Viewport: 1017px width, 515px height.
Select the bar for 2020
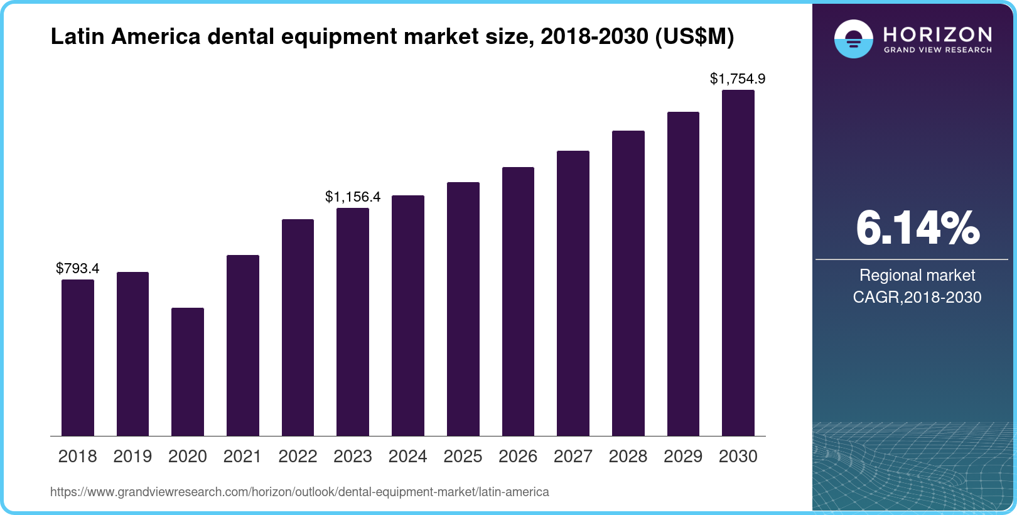[x=188, y=372]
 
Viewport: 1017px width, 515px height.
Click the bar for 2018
[x=78, y=358]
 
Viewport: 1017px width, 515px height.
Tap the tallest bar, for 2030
[x=738, y=263]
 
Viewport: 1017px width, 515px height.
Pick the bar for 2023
[x=353, y=322]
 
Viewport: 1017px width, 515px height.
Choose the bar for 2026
[x=518, y=301]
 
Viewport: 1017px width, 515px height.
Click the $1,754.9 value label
[x=738, y=79]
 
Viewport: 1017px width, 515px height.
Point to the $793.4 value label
[x=78, y=268]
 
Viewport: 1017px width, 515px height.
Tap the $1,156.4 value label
[x=353, y=197]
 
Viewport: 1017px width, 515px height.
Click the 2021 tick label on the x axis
[x=242, y=457]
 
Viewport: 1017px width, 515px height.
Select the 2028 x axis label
[x=628, y=457]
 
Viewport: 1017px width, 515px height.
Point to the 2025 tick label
[x=463, y=457]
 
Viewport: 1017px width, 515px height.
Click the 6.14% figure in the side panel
[x=917, y=229]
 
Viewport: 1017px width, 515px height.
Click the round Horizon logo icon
[x=853, y=39]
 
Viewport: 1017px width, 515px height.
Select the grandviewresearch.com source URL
[x=299, y=492]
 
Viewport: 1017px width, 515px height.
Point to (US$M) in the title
[x=694, y=36]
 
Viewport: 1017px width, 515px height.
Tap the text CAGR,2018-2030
[x=917, y=297]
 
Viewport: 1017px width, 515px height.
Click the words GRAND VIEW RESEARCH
[x=937, y=50]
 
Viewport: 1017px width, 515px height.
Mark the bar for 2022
[x=298, y=328]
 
